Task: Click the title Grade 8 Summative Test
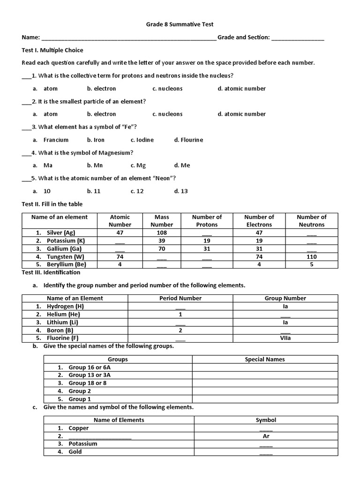(180, 24)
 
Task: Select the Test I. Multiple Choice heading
(52, 50)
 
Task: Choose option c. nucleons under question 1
(167, 89)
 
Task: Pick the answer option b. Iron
(96, 140)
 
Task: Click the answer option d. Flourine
(188, 140)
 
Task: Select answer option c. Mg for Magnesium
(138, 165)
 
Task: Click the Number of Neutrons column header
(311, 221)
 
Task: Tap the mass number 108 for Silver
(162, 232)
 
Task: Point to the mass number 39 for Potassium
(162, 240)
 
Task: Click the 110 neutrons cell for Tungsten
(311, 257)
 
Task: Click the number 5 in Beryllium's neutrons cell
(311, 265)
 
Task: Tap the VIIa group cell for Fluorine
(285, 338)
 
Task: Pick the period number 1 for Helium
(180, 315)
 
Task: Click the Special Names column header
(265, 360)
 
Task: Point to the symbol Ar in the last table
(266, 436)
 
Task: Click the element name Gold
(75, 452)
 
